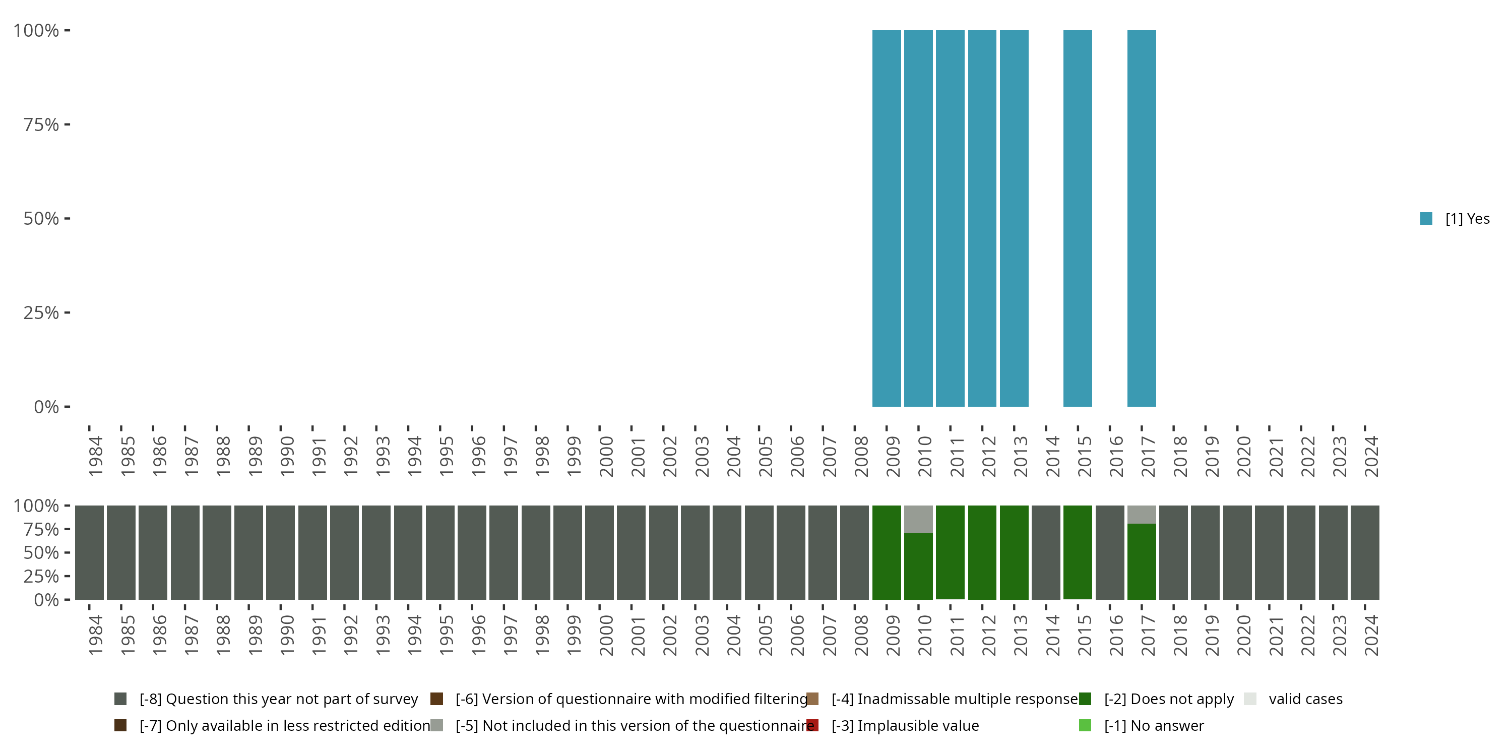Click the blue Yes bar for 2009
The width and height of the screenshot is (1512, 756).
(887, 218)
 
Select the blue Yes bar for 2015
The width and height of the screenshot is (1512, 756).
(1078, 218)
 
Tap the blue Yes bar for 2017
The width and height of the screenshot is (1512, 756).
(1142, 218)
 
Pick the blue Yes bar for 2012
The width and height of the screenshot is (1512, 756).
(982, 218)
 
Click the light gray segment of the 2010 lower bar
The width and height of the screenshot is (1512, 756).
(918, 519)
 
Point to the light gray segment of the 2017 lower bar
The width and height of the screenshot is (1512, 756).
(1142, 514)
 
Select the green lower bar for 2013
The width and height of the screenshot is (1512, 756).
(1014, 552)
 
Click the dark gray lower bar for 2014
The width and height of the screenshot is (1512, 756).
(1046, 552)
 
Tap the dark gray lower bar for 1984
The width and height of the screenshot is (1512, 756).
(89, 552)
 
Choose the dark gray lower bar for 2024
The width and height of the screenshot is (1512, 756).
(1365, 552)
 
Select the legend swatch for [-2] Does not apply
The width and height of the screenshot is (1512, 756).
(1085, 699)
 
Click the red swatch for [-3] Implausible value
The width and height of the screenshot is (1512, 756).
(812, 725)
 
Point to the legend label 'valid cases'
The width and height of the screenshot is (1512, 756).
(1305, 699)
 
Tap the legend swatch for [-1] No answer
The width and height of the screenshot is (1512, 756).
(1085, 725)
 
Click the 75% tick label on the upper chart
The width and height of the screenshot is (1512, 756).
(41, 124)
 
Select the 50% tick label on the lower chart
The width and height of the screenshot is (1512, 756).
(41, 552)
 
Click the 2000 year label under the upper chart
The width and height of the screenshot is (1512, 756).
(606, 456)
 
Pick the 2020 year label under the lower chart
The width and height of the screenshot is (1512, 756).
(1244, 635)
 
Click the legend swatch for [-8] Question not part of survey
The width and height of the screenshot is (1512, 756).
(120, 699)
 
